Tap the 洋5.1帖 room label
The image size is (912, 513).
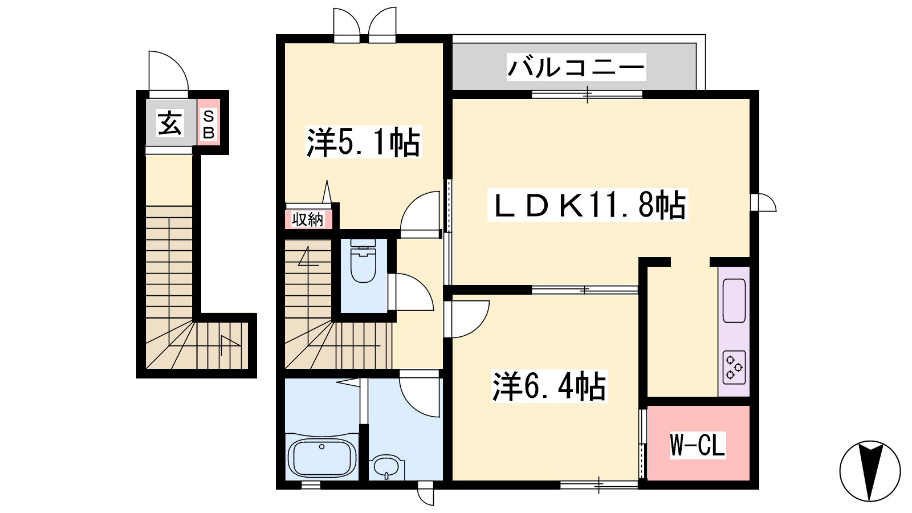pos(363,142)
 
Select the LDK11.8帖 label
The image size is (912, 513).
pos(588,205)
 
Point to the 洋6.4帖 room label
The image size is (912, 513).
pos(549,386)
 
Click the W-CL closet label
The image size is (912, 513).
pos(698,445)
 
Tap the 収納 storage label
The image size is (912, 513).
pos(307,220)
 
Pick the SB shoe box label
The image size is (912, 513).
pos(209,125)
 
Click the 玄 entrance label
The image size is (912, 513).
pos(170,123)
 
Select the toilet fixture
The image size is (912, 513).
pos(363,261)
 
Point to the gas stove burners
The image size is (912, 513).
pos(734,367)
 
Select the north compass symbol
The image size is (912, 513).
pos(870,471)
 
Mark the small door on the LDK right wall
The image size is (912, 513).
pos(763,203)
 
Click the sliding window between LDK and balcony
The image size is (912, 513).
pos(587,95)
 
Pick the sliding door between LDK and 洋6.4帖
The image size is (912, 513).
pos(585,290)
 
